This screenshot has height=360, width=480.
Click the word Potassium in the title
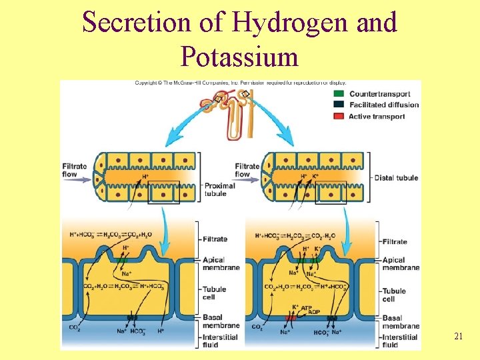pos(239,57)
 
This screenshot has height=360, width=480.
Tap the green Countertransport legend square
pos(338,93)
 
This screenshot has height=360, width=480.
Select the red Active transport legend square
pos(338,116)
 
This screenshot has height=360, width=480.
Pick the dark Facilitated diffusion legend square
pos(338,105)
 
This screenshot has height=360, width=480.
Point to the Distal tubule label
pos(395,177)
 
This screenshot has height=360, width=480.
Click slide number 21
pos(458,337)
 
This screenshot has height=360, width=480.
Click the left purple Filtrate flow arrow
pos(79,179)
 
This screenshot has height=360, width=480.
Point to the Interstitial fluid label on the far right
pos(399,341)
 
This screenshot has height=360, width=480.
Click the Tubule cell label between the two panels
pos(216,293)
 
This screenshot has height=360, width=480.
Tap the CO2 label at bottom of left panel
pos(75,327)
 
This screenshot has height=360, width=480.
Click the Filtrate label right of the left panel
pos(215,239)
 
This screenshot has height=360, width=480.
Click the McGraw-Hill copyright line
pos(241,83)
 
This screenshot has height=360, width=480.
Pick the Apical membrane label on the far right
pos(401,264)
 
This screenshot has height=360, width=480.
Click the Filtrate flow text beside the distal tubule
pos(247,170)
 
